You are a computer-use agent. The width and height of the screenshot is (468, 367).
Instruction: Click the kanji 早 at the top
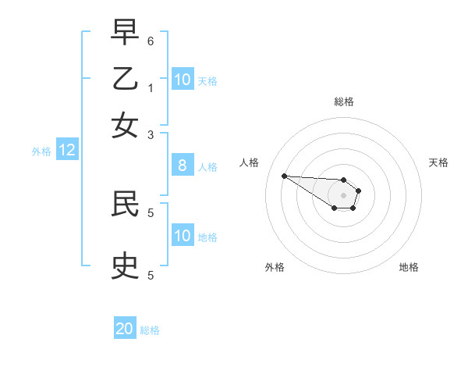click(125, 33)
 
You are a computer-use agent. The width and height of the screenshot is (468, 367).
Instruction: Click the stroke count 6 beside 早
click(151, 41)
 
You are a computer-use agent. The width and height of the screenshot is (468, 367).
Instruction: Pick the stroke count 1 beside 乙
click(151, 87)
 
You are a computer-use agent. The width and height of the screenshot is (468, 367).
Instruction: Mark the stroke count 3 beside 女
click(151, 134)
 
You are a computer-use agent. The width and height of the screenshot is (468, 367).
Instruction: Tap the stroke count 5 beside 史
click(151, 275)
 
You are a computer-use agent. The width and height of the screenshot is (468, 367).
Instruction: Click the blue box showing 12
click(67, 151)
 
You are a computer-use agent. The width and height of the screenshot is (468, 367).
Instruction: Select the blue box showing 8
click(182, 166)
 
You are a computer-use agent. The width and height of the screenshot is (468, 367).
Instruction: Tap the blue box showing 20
click(125, 329)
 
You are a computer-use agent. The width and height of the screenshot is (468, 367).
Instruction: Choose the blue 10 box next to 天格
click(182, 80)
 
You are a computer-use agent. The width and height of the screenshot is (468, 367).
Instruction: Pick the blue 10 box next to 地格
click(182, 236)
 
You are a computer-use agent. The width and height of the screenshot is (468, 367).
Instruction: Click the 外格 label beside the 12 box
click(41, 151)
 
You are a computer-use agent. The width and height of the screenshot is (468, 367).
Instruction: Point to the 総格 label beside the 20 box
click(150, 330)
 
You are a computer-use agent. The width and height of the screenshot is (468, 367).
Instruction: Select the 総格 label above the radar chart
click(343, 102)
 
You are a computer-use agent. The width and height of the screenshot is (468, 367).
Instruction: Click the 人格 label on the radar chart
click(250, 162)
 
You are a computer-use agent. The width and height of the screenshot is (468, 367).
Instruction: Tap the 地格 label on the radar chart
click(409, 267)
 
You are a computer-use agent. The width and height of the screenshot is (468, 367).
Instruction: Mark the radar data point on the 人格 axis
click(284, 176)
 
